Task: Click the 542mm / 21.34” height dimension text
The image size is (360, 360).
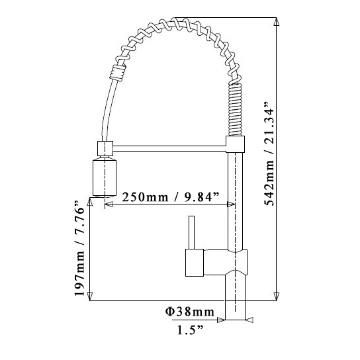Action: (268, 154)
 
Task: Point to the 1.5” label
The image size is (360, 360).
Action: (190, 329)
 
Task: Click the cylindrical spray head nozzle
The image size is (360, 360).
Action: (105, 177)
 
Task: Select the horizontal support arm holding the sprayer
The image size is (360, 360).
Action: (172, 147)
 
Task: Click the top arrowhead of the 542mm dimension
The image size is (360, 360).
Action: (276, 22)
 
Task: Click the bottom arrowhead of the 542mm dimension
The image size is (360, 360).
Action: (276, 297)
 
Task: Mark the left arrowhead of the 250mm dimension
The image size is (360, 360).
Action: (109, 205)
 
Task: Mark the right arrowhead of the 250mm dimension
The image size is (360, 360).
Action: (231, 205)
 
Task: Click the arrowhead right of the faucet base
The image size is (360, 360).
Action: (249, 320)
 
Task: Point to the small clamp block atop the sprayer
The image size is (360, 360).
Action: (105, 148)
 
